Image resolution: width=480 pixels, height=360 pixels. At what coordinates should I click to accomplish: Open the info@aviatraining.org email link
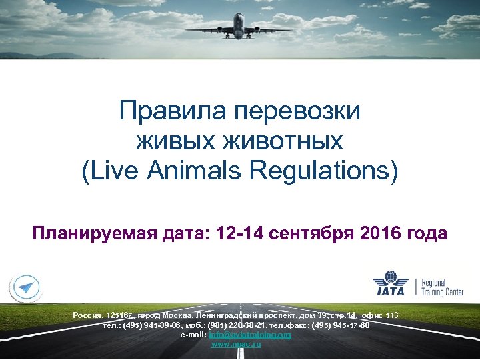250,335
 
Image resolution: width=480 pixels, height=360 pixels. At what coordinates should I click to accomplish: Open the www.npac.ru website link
236,344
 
